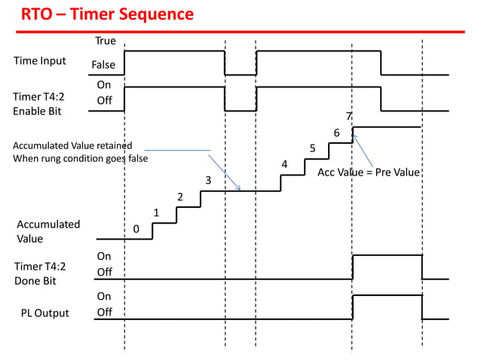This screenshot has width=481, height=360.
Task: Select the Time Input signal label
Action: (39, 61)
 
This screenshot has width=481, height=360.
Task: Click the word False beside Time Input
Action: (103, 66)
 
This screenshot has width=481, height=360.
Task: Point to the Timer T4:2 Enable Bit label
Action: (39, 104)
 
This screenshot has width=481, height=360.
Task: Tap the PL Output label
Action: (44, 313)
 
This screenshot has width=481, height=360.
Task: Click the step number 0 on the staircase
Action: (136, 229)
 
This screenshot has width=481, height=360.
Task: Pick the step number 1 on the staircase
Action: (156, 213)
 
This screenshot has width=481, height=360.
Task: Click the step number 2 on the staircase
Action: (179, 197)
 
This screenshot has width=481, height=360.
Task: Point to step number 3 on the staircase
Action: (208, 181)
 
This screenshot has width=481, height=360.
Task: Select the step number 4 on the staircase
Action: (284, 164)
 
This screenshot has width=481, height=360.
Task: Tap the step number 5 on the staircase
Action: (312, 148)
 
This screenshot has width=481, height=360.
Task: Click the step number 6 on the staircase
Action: (336, 133)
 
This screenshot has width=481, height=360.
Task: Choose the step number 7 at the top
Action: (348, 116)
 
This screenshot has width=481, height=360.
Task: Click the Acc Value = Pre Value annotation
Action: (368, 172)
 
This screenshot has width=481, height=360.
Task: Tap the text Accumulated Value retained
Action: (72, 145)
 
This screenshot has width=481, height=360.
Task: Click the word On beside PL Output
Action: (104, 297)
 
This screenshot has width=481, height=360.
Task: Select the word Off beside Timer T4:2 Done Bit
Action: (104, 272)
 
